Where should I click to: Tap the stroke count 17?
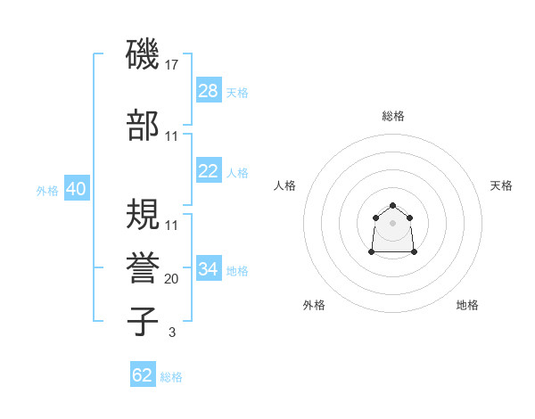tap(172, 65)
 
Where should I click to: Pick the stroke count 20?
tap(172, 278)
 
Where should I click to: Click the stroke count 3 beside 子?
tap(172, 333)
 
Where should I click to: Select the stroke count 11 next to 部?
tap(172, 136)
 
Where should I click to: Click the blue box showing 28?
tap(209, 91)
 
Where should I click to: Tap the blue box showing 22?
tap(209, 171)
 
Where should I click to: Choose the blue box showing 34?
tap(209, 269)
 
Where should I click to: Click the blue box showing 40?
tap(76, 190)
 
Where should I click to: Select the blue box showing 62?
tap(143, 375)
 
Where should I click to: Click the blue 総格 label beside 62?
tap(171, 377)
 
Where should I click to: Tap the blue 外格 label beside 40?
tap(47, 191)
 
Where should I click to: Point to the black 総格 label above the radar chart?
tap(393, 116)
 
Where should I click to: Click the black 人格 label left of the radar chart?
tap(285, 185)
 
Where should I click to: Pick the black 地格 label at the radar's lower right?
tap(467, 305)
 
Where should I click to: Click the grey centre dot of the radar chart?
tap(393, 223)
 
